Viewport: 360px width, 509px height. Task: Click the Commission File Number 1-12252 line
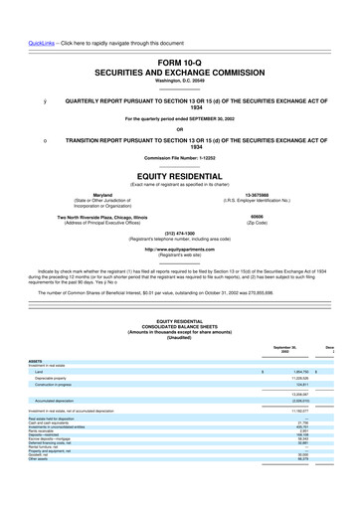point(179,158)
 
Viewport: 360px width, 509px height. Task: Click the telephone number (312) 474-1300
point(179,236)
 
